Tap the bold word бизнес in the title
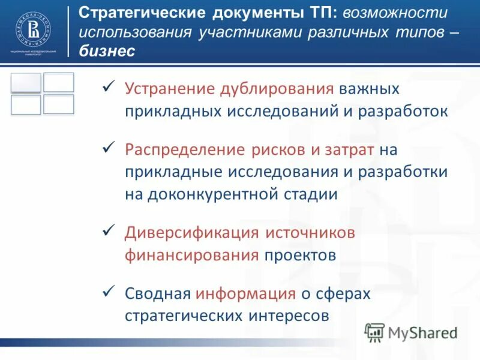107,52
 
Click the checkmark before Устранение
109,88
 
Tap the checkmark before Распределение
109,148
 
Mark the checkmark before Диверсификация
109,231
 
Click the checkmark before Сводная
109,292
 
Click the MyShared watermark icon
375,332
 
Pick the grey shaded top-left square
26,83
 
